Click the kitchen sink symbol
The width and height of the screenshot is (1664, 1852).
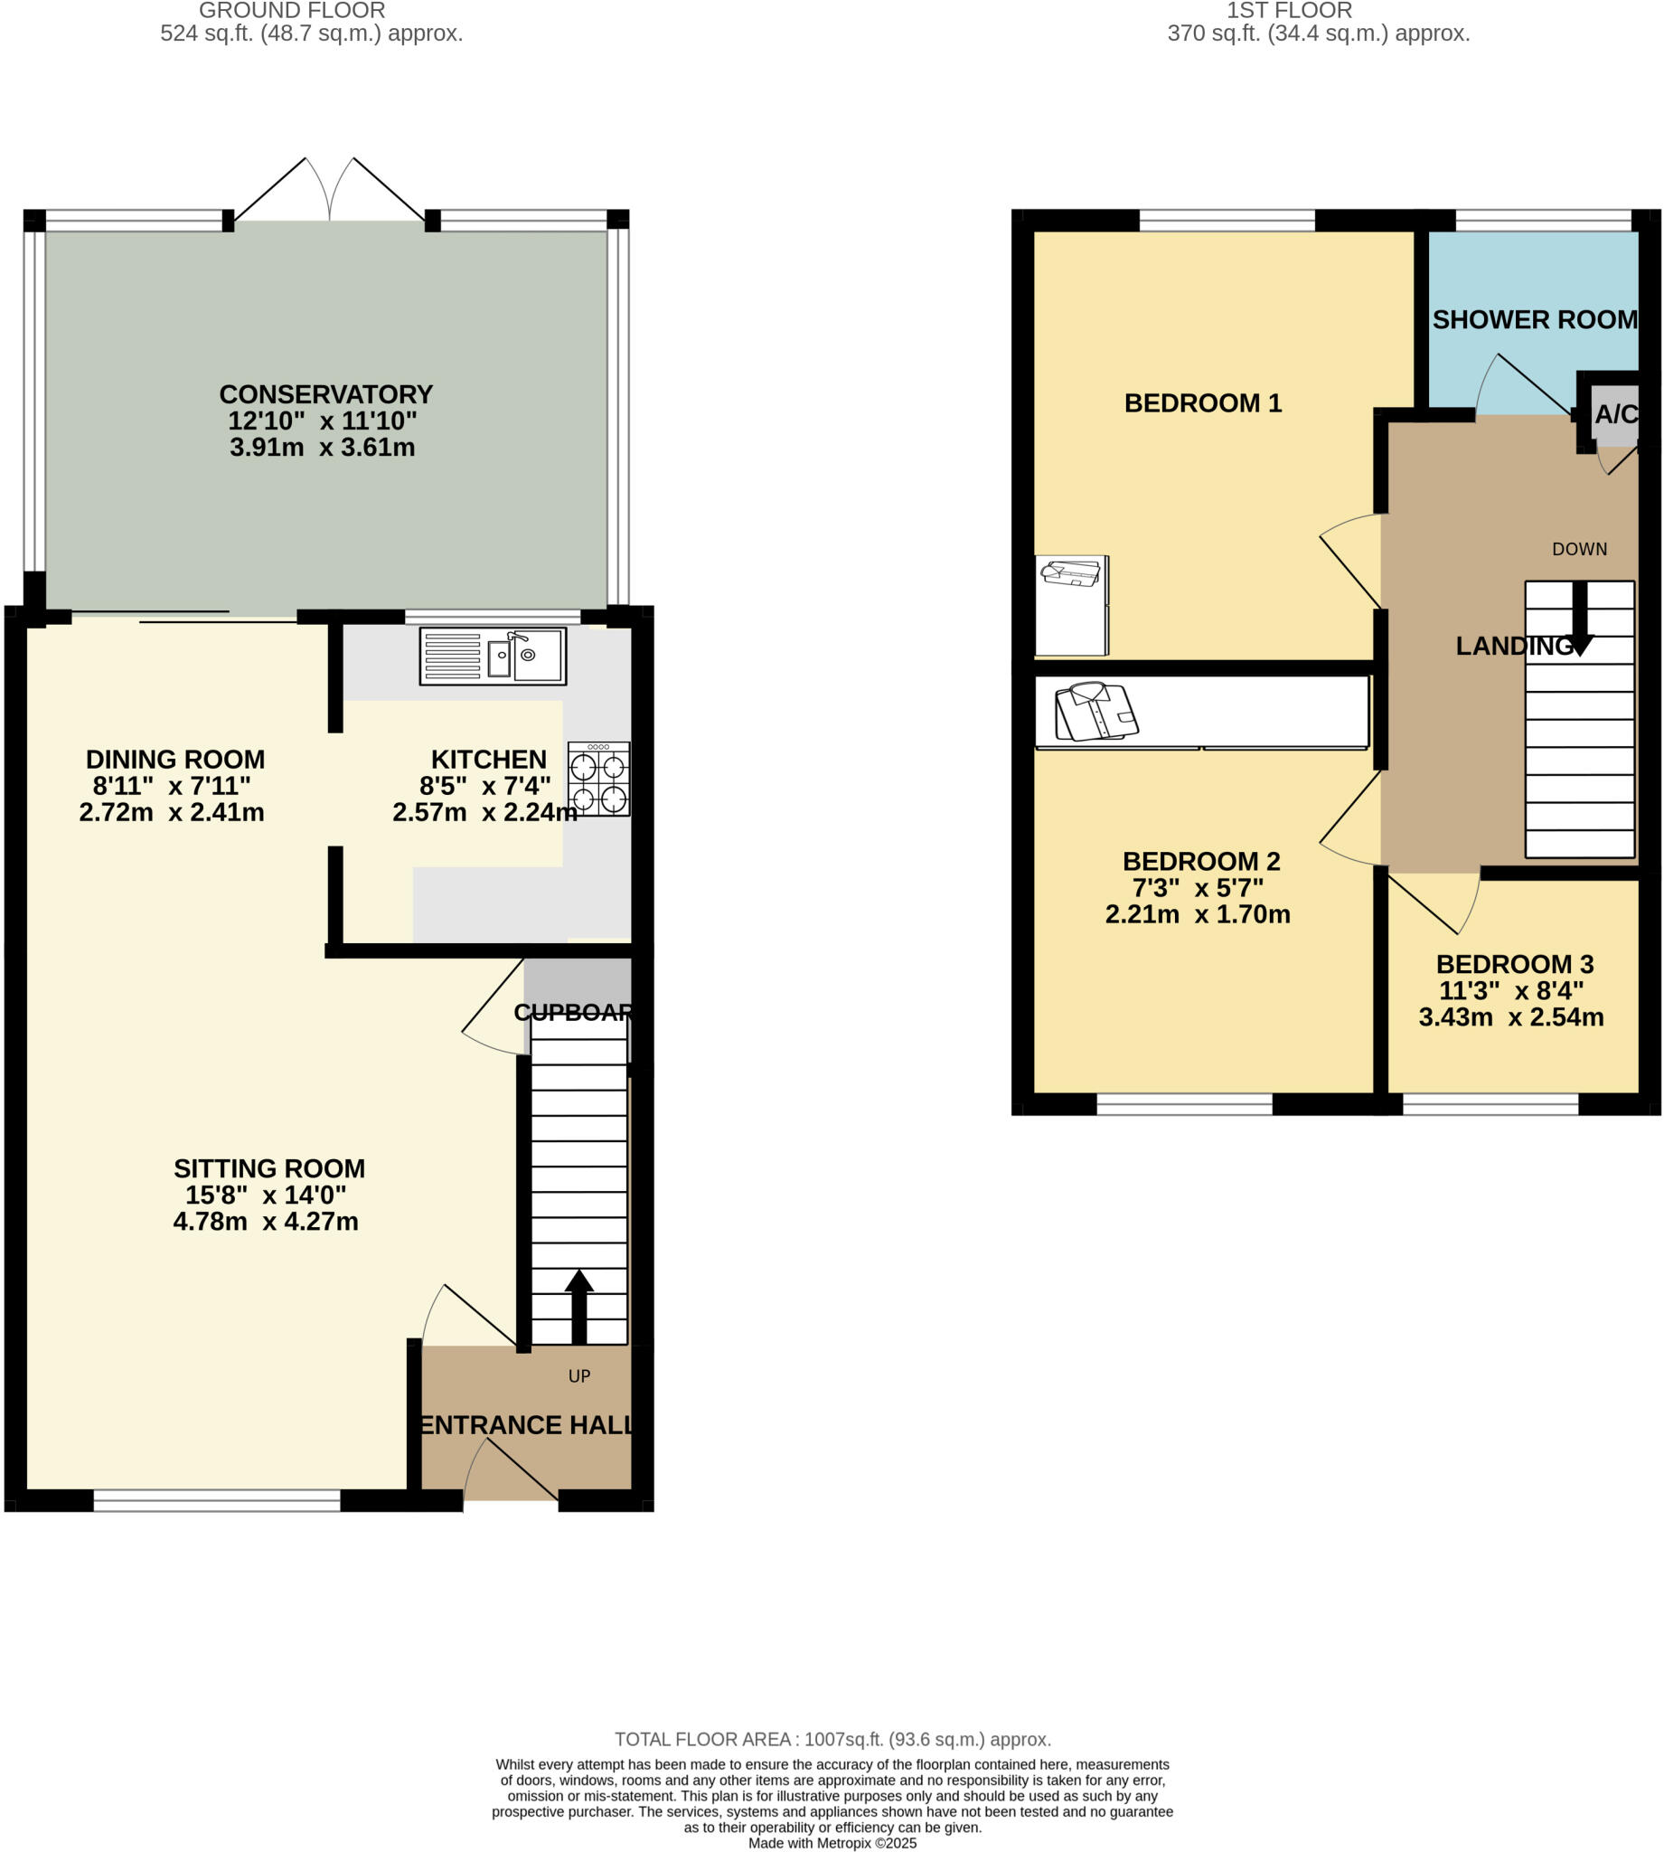pos(493,656)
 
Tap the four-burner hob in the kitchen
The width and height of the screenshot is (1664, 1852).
pos(599,780)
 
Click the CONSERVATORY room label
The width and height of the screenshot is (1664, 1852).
pos(325,394)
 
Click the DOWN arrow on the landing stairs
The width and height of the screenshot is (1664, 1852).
pos(1579,619)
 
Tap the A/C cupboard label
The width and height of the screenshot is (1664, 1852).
pos(1615,414)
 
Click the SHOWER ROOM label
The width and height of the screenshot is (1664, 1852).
pos(1534,320)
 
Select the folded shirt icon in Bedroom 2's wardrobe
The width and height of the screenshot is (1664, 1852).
pos(1095,711)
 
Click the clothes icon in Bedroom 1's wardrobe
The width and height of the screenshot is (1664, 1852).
pos(1071,573)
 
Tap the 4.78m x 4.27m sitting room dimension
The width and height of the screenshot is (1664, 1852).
pos(265,1221)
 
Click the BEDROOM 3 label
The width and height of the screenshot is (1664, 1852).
pos(1514,964)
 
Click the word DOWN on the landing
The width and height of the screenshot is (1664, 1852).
pos(1579,549)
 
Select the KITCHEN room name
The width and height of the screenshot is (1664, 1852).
pos(488,759)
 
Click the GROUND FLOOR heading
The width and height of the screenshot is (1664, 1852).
pos(292,11)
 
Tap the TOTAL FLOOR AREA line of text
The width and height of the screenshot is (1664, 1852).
pos(832,1740)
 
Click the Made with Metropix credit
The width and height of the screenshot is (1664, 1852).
pos(832,1843)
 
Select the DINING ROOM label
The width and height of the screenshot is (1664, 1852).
pos(174,759)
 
